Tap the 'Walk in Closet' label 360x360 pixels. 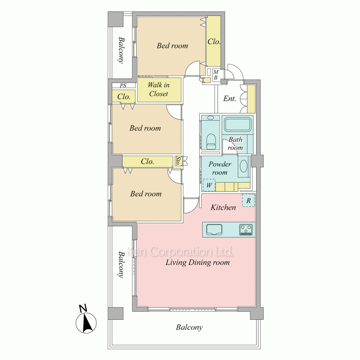158,89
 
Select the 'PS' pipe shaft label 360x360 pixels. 123,85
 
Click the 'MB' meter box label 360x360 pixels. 216,75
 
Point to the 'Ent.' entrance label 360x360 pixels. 230,99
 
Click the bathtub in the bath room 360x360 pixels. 237,125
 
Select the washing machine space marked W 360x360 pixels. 209,185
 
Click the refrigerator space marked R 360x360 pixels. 249,201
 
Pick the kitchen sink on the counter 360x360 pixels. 214,230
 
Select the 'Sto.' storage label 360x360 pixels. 177,161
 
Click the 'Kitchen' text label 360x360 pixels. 223,208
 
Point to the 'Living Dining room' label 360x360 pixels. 197,262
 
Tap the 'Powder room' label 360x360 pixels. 220,168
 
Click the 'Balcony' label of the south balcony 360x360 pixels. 189,327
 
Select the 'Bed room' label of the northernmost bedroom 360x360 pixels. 172,46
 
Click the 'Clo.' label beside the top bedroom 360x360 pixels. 214,41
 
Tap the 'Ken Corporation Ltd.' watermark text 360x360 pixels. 180,251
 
